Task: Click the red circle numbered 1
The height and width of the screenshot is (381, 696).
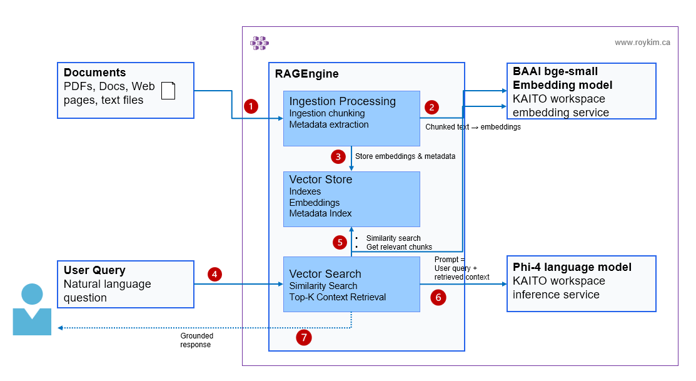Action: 251,106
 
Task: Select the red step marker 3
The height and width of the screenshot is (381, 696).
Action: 338,156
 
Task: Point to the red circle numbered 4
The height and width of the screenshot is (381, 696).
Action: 215,274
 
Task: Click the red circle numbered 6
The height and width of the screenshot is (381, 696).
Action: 438,298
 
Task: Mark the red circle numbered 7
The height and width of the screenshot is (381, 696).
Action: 304,338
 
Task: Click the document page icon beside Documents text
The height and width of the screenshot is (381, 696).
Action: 168,91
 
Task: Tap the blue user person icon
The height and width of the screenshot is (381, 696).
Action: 33,310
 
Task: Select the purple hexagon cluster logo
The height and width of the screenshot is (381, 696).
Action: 260,43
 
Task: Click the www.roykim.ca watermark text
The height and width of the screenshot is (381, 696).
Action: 642,43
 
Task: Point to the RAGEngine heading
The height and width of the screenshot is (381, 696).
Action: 306,74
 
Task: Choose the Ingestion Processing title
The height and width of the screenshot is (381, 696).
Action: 342,101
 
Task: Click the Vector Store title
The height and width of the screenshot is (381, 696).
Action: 320,180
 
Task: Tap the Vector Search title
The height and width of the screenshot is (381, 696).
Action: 325,273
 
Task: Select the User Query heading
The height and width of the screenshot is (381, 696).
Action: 94,270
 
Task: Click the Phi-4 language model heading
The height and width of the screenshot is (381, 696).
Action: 572,267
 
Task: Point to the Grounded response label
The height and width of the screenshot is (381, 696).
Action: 195,340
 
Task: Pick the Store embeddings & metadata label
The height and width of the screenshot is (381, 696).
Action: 405,156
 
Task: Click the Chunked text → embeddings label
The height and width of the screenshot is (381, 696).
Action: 473,127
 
